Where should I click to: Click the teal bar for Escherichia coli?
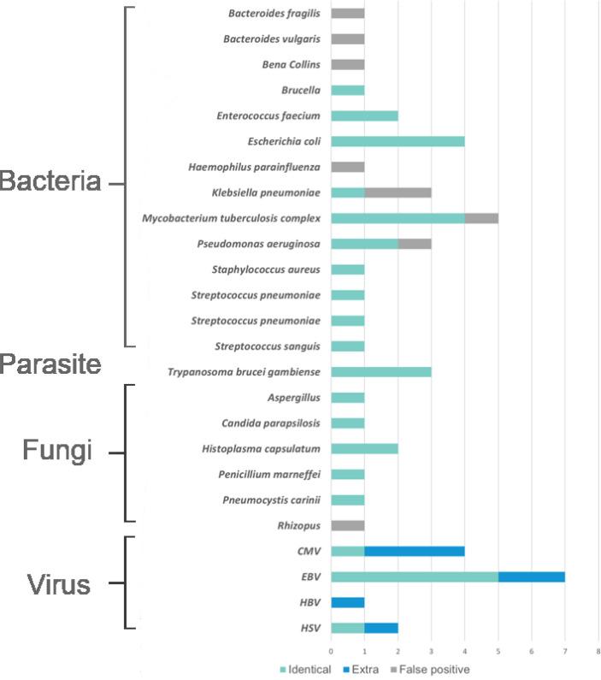(398, 141)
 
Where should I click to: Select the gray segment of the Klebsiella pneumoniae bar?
(398, 192)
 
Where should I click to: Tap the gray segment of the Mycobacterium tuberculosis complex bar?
(481, 218)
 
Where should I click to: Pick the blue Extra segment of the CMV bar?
(415, 552)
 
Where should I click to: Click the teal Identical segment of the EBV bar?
(414, 577)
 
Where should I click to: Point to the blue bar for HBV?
(347, 603)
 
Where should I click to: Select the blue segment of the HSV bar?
(380, 629)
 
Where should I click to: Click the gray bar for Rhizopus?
(347, 526)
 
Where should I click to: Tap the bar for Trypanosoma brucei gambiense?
(380, 372)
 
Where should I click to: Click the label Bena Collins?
(292, 64)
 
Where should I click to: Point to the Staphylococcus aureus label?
(266, 269)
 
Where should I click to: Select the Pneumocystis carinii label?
(271, 500)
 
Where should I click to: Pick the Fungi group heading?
(56, 451)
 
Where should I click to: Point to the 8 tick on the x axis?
(598, 653)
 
